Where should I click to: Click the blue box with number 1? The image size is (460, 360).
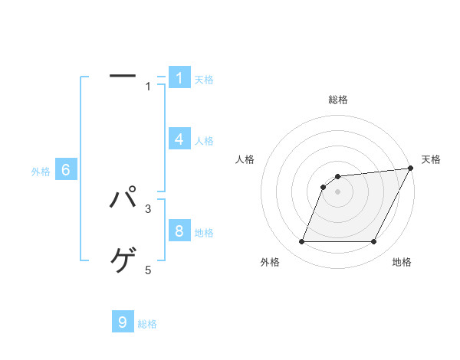pyautogui.click(x=179, y=78)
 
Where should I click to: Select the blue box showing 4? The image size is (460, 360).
pyautogui.click(x=179, y=139)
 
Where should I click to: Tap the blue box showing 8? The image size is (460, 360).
pyautogui.click(x=179, y=231)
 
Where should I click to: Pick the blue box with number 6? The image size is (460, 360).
pyautogui.click(x=66, y=170)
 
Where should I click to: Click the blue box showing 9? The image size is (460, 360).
pyautogui.click(x=123, y=322)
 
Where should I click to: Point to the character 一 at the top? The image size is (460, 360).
pyautogui.click(x=123, y=76)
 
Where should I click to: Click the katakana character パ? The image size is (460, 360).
pyautogui.click(x=123, y=198)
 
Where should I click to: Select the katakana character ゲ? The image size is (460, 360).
pyautogui.click(x=123, y=260)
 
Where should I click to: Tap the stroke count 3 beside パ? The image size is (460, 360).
pyautogui.click(x=149, y=208)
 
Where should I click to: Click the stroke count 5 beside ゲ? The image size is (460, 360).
pyautogui.click(x=149, y=270)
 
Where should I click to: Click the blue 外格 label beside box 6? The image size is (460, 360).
pyautogui.click(x=41, y=172)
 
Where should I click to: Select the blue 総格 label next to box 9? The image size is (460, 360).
pyautogui.click(x=147, y=324)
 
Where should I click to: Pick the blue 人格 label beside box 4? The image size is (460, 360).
pyautogui.click(x=204, y=141)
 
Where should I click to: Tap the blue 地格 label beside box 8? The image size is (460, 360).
pyautogui.click(x=204, y=233)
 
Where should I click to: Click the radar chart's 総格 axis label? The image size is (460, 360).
pyautogui.click(x=338, y=100)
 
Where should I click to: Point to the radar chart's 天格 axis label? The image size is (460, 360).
pyautogui.click(x=431, y=159)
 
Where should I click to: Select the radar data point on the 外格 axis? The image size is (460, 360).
pyautogui.click(x=302, y=242)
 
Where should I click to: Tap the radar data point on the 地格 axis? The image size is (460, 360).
pyautogui.click(x=374, y=242)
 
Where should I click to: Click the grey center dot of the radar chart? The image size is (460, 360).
pyautogui.click(x=338, y=191)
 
